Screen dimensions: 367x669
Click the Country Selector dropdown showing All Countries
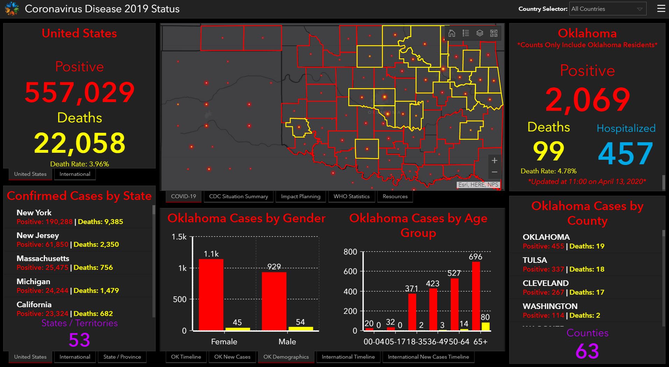pyautogui.click(x=607, y=9)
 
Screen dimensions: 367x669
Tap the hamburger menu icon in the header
pyautogui.click(x=661, y=9)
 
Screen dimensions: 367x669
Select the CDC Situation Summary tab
pyautogui.click(x=239, y=196)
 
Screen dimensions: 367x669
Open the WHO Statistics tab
pyautogui.click(x=351, y=196)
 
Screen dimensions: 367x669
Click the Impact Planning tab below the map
pyautogui.click(x=300, y=196)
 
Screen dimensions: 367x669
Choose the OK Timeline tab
pyautogui.click(x=186, y=357)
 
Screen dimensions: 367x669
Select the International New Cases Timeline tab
pyautogui.click(x=428, y=357)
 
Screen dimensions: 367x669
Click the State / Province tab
pyautogui.click(x=122, y=357)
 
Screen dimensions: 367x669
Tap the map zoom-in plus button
pyautogui.click(x=494, y=161)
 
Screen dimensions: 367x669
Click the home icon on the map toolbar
pyautogui.click(x=452, y=33)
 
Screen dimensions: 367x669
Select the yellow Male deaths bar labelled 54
pyautogui.click(x=300, y=329)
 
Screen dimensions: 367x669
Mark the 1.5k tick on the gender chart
pyautogui.click(x=179, y=237)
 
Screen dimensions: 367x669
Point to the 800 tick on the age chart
pyautogui.click(x=350, y=252)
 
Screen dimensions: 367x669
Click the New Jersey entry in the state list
pyautogui.click(x=38, y=236)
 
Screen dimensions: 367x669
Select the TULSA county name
pyautogui.click(x=535, y=260)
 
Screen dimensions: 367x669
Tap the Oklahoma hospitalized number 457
pyautogui.click(x=625, y=153)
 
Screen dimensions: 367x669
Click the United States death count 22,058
pyautogui.click(x=79, y=143)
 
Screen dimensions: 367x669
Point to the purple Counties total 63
pyautogui.click(x=587, y=351)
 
